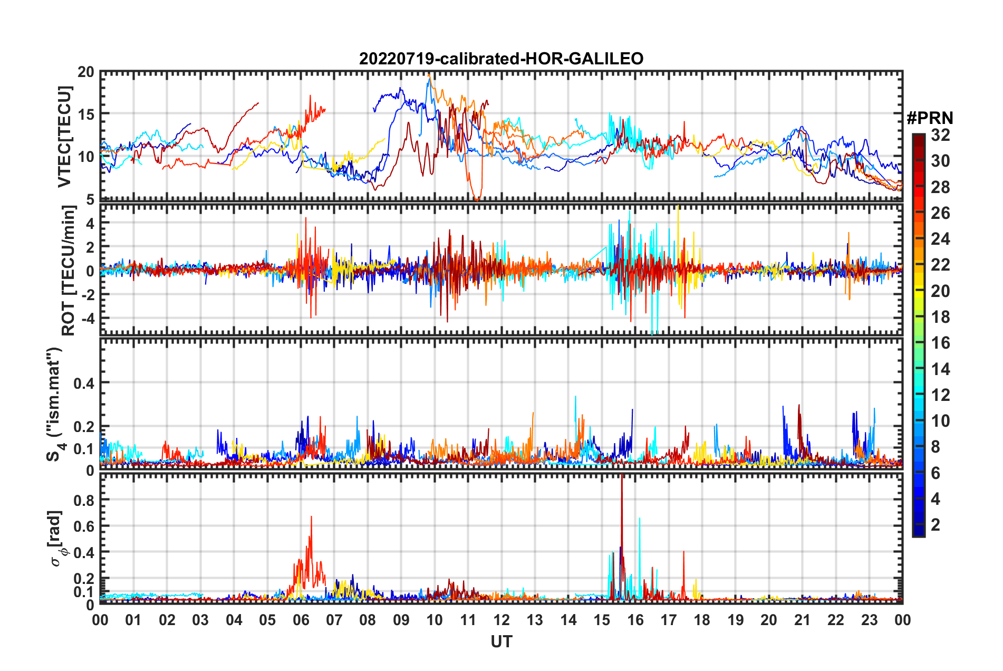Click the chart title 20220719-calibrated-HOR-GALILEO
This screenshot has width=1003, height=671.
point(501,59)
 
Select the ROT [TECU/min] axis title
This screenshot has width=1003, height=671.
point(69,271)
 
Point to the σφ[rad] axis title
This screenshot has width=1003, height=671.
point(58,538)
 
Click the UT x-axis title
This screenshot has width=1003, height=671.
point(501,641)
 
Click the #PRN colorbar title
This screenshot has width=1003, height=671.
point(930,118)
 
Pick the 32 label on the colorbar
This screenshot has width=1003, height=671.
point(940,135)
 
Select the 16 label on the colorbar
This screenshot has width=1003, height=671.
point(940,343)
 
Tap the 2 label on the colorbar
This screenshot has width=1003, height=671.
point(936,524)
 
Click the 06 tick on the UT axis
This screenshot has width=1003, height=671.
point(301,620)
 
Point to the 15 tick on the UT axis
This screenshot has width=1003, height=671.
point(602,620)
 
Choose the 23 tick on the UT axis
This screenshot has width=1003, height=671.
point(869,620)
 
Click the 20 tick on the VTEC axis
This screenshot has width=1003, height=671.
point(86,72)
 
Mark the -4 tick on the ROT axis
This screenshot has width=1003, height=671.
point(88,319)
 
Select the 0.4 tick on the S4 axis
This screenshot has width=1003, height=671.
point(83,383)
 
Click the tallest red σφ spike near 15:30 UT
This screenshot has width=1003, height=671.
point(622,477)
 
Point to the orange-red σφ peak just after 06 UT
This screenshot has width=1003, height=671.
point(311,517)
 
